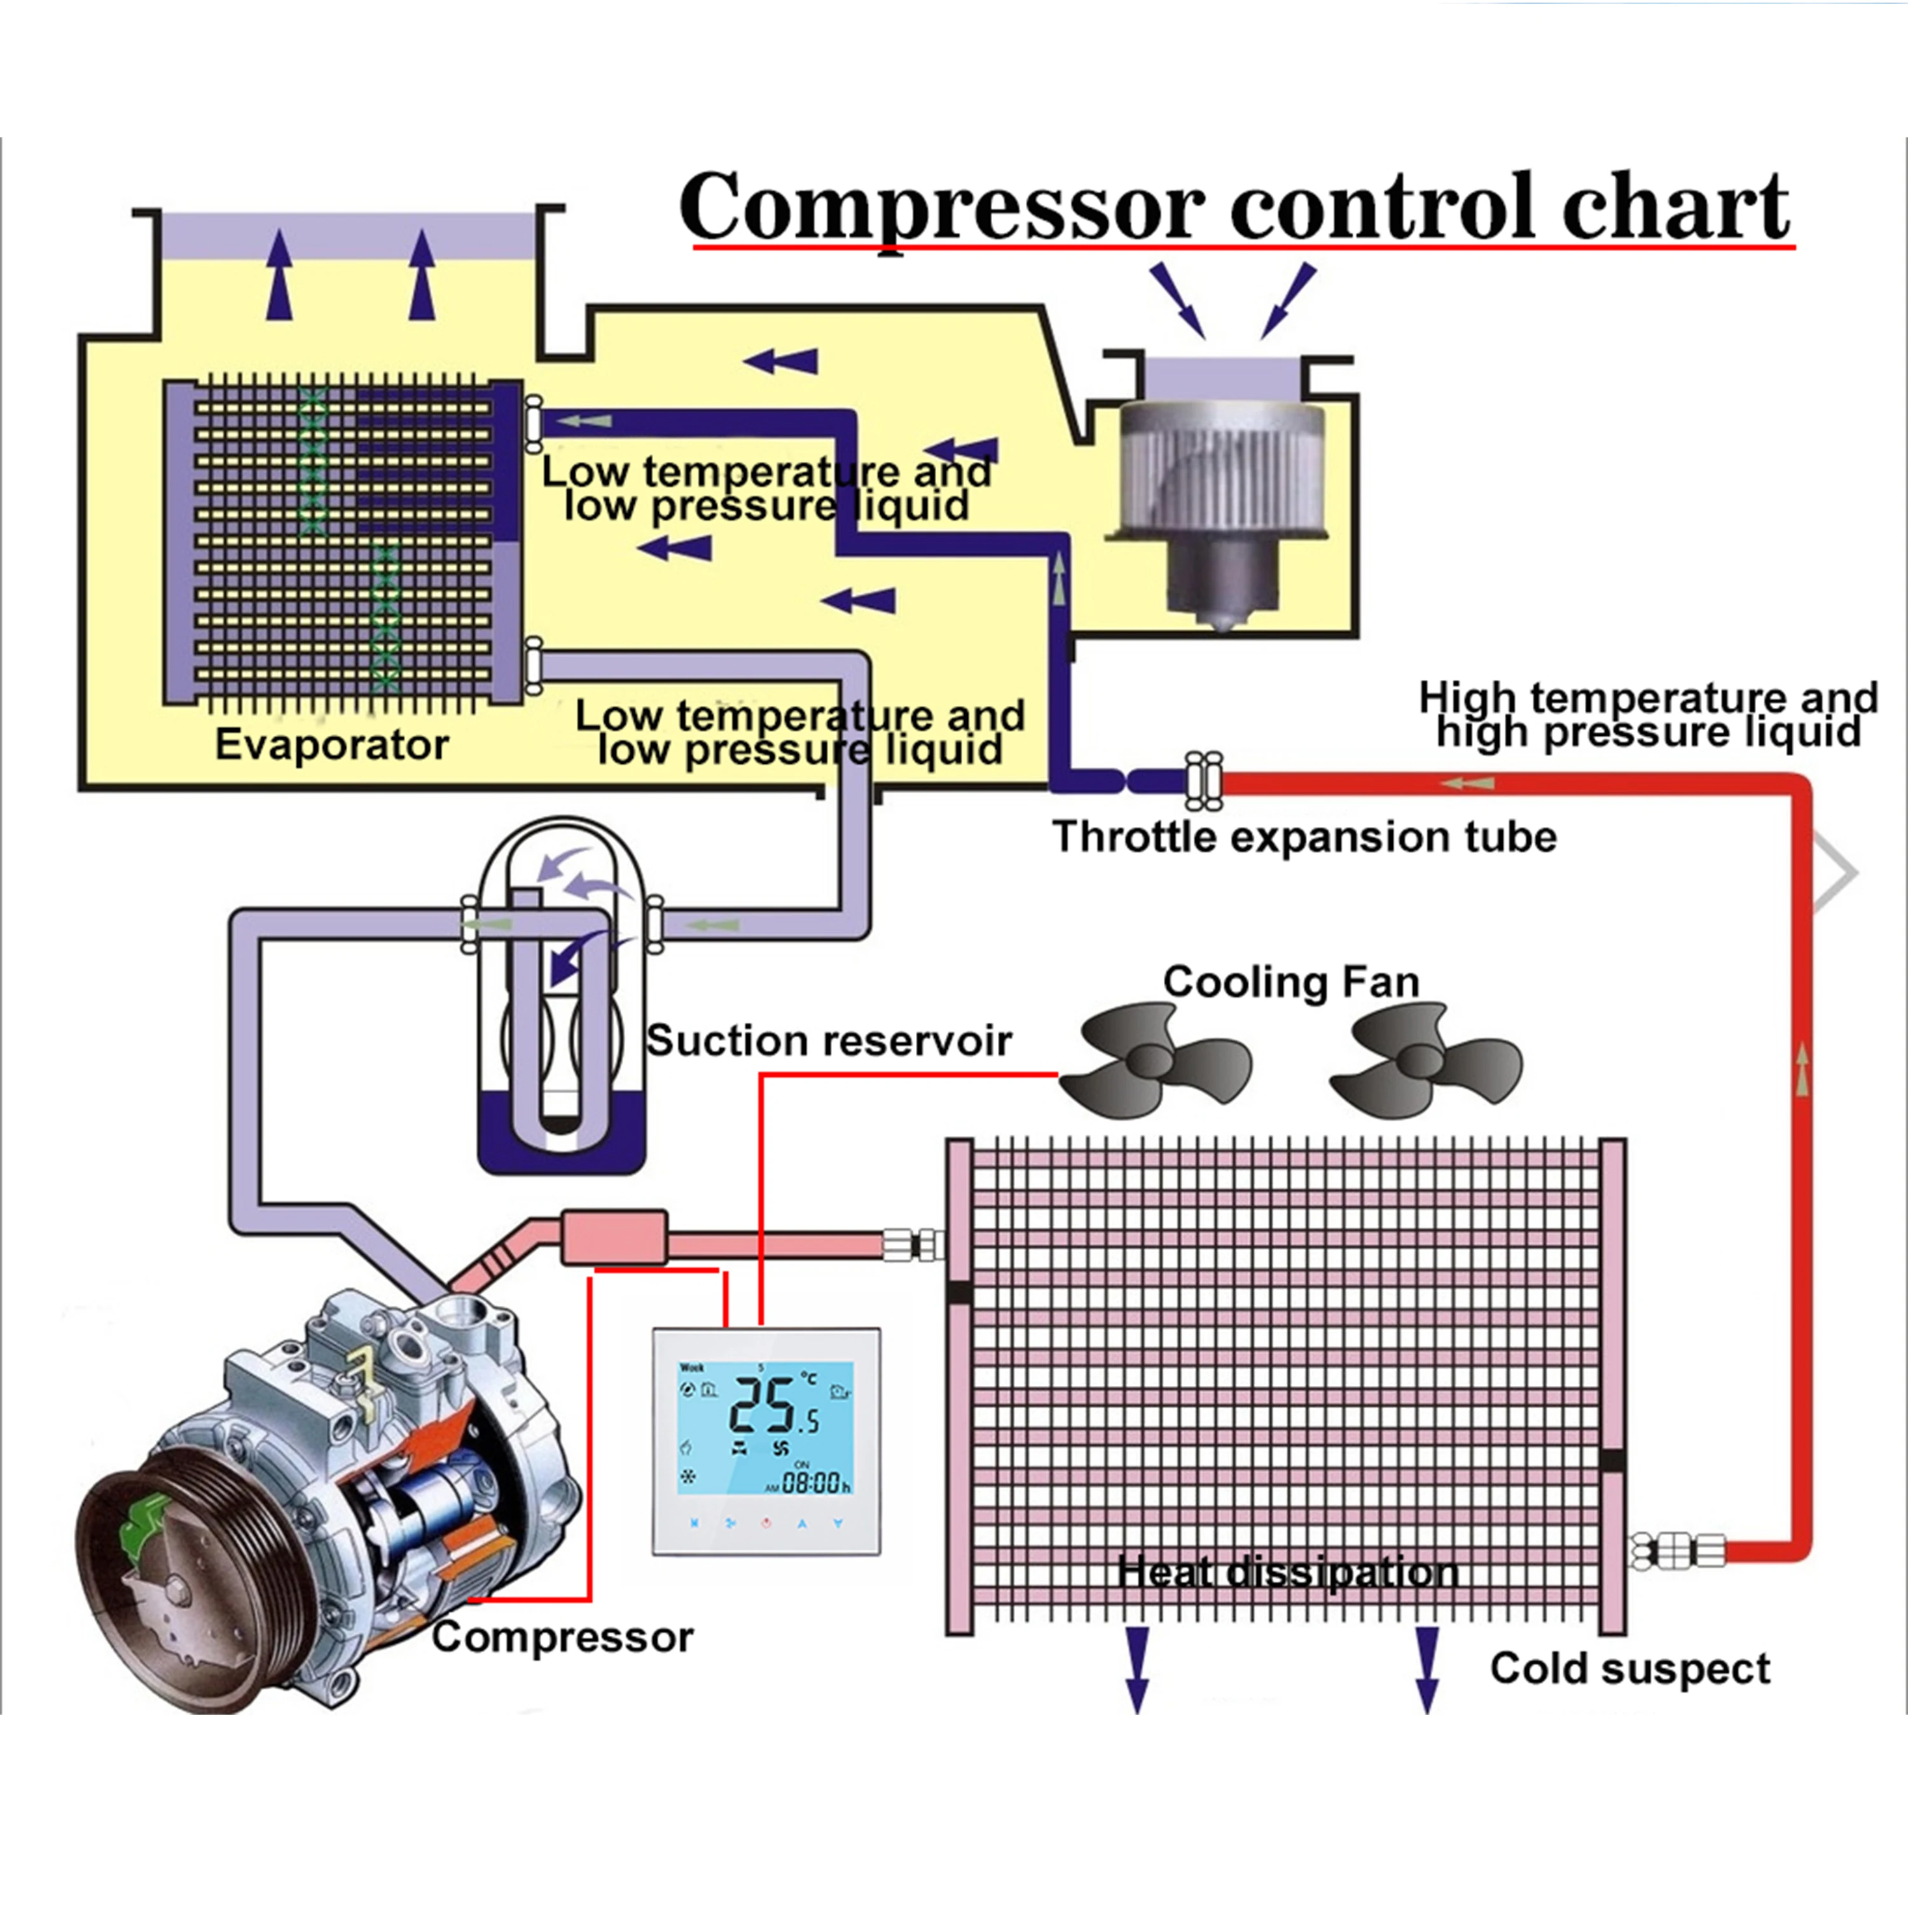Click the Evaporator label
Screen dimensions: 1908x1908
(x=332, y=745)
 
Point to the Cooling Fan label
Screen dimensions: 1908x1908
(x=1290, y=981)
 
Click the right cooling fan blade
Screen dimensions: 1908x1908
(x=1422, y=1061)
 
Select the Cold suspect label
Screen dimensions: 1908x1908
(x=1629, y=1668)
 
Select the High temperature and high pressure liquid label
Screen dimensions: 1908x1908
(x=1647, y=715)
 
